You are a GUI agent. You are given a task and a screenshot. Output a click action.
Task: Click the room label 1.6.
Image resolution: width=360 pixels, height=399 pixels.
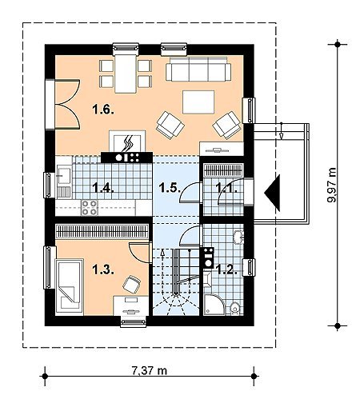103,110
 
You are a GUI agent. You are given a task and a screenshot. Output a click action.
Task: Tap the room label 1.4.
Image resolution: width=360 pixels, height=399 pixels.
103,188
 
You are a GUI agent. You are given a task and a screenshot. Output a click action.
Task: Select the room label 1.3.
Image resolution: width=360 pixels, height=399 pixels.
103,269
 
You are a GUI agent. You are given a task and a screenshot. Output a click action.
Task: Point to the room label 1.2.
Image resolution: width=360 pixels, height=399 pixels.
226,269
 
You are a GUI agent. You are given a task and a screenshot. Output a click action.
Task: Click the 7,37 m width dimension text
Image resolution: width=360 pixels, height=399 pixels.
150,370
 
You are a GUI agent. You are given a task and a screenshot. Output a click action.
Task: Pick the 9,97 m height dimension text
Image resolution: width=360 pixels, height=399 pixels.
332,185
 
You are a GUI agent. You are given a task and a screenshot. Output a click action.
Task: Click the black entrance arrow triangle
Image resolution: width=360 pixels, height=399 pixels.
272,193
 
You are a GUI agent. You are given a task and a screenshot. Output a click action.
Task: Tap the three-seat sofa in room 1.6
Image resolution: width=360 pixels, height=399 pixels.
198,69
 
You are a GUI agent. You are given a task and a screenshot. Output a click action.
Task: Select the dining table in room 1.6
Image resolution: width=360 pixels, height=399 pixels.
126,74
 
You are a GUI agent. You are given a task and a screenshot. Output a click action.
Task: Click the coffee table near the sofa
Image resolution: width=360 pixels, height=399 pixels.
198,102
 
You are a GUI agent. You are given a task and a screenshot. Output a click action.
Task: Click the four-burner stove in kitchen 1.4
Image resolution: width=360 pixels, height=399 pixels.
90,208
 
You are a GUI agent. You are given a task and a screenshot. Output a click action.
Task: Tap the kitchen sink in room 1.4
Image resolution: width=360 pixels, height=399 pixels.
64,182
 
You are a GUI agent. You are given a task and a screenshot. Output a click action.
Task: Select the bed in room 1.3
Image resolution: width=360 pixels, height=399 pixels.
69,287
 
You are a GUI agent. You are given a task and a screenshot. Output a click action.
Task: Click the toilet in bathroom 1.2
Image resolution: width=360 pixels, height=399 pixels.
235,309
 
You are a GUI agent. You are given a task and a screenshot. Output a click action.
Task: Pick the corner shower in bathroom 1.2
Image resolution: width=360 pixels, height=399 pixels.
214,305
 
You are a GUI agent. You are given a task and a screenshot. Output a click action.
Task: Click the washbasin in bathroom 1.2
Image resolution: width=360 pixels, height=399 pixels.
238,237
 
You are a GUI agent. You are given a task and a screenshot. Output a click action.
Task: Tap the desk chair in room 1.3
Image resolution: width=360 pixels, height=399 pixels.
131,285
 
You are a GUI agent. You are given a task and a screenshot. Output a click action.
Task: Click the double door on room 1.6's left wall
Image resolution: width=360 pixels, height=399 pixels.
67,104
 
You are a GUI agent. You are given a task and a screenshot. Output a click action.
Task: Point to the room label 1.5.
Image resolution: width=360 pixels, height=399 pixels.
170,188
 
